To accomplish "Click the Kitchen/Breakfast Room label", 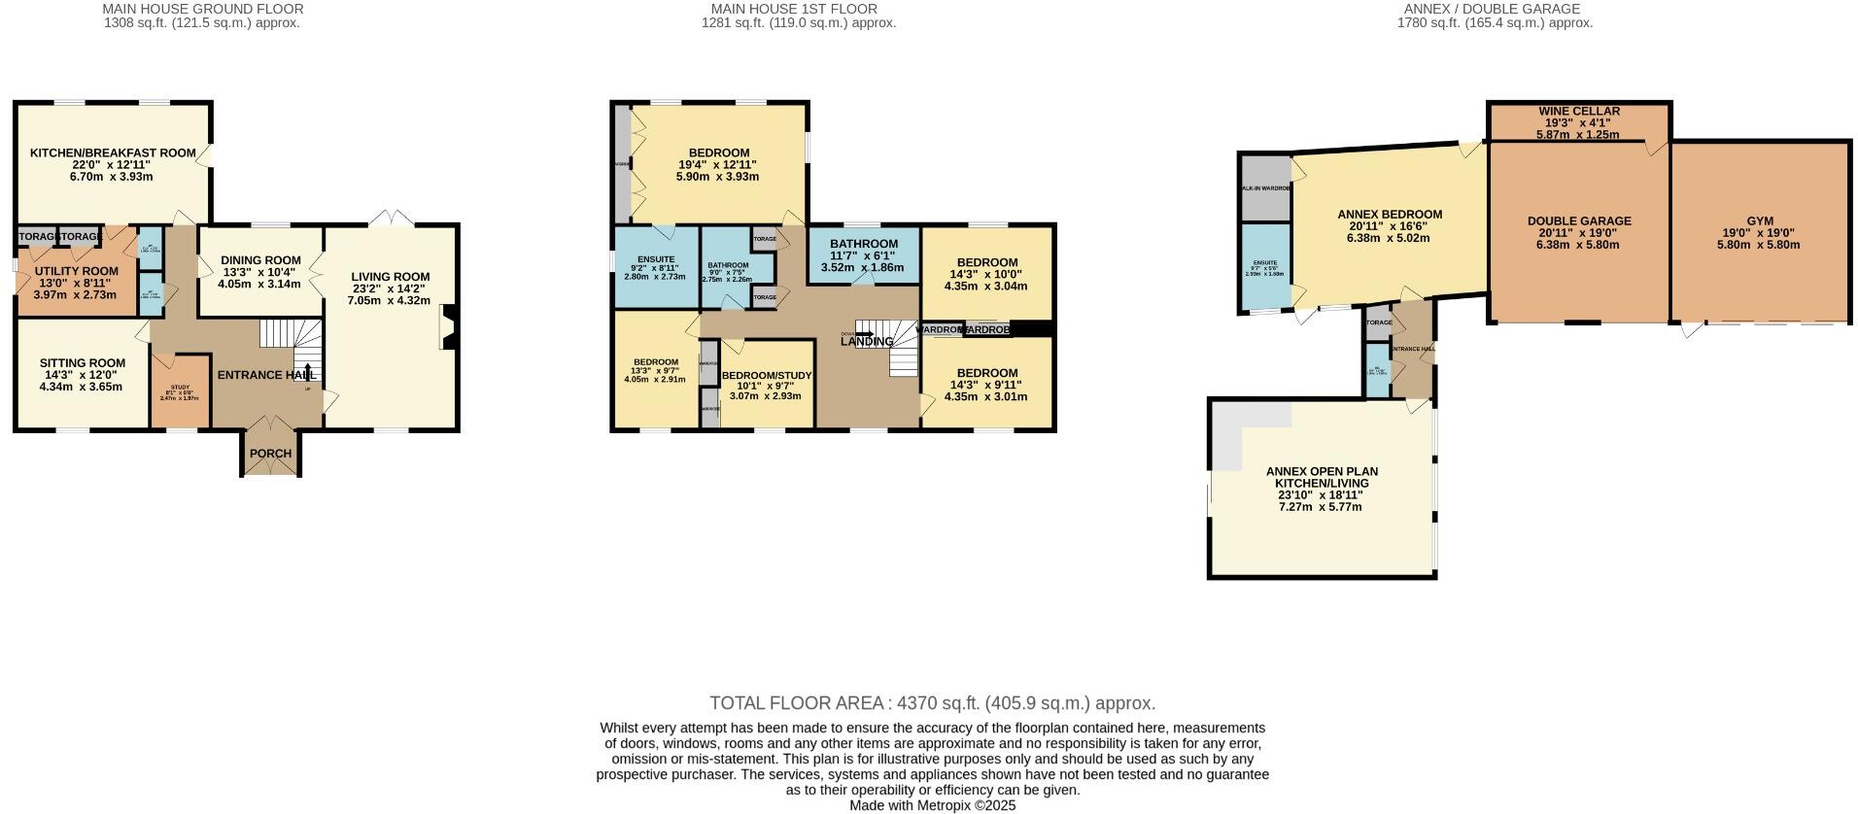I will [x=112, y=153].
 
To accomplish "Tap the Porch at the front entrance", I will [x=270, y=454].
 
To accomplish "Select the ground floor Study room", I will [x=180, y=392].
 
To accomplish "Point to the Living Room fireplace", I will [x=449, y=327].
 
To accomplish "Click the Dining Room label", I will [x=260, y=260].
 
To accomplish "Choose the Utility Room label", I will [x=76, y=272].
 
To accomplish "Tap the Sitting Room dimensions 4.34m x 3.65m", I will [x=81, y=387].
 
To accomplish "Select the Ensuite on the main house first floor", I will [x=656, y=260].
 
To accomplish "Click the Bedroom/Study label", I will [x=766, y=376].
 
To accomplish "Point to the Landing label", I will [x=866, y=342].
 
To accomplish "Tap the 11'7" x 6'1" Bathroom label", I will [x=863, y=245].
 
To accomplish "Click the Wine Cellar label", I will [x=1578, y=112].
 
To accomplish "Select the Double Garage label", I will [x=1578, y=221].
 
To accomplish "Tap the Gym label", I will [x=1759, y=221].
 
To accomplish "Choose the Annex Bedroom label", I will [x=1389, y=215].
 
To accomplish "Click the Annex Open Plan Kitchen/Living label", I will [x=1322, y=477].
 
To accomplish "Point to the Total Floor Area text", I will [x=932, y=703].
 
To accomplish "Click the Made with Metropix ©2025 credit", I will [x=932, y=805].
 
